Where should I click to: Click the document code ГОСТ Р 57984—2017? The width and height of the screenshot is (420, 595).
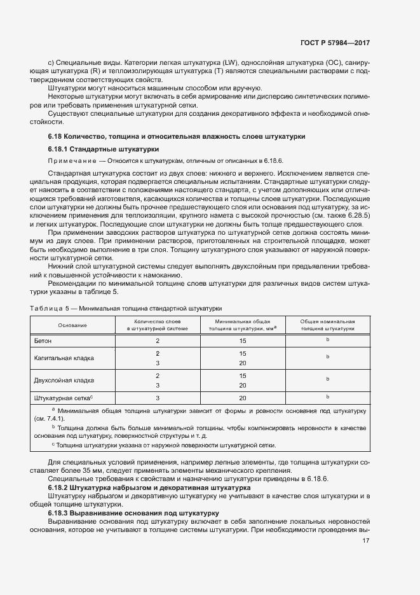[x=335, y=43]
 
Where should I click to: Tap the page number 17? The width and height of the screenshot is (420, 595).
[x=365, y=541]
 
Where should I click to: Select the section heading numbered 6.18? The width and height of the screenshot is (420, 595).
[x=177, y=136]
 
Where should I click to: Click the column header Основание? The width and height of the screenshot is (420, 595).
[x=72, y=325]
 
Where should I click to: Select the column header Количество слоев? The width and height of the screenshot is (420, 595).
[x=157, y=322]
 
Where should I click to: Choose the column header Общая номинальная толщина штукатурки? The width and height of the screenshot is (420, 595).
[x=327, y=325]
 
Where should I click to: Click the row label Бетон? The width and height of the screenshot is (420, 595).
[x=44, y=341]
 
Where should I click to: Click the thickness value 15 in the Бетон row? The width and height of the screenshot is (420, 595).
[x=242, y=341]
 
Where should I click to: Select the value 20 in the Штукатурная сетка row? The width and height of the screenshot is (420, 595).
[x=242, y=398]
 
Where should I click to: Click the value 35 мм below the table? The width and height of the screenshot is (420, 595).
[x=84, y=469]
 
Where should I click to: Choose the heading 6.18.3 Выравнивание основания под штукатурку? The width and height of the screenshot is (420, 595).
[x=133, y=512]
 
